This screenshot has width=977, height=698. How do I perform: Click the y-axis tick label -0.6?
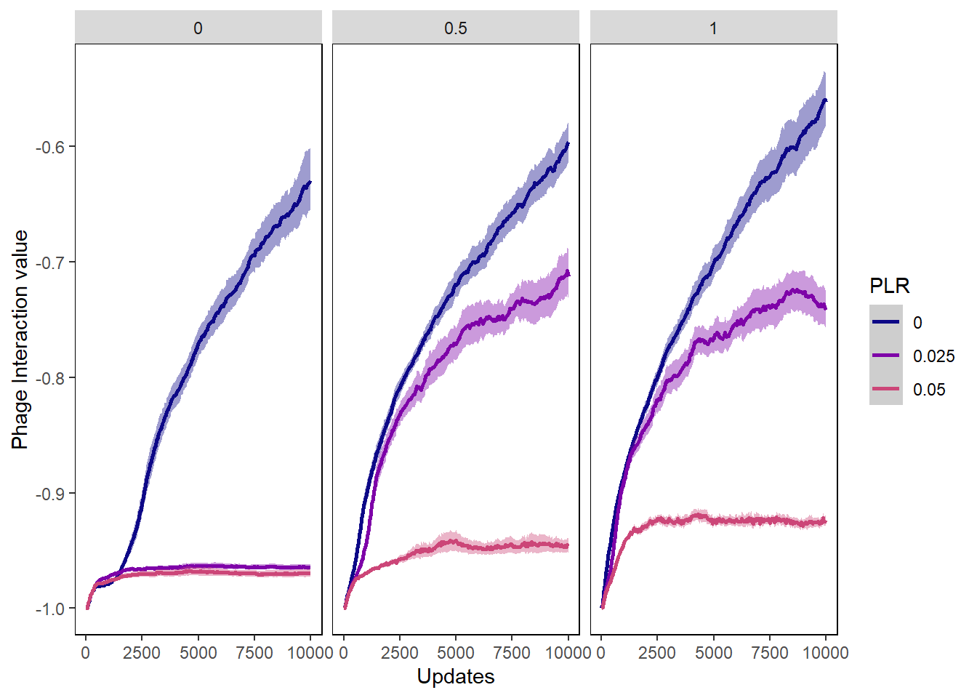[50, 147]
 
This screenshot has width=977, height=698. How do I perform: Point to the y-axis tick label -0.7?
[50, 262]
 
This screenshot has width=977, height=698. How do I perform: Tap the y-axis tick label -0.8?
[50, 378]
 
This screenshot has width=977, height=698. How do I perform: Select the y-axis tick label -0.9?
[50, 494]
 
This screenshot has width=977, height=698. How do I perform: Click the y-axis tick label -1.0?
[50, 609]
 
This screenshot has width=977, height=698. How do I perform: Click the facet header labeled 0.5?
[456, 28]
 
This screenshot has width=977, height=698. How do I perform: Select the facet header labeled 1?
[713, 28]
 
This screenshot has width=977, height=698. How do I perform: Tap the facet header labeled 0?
[198, 28]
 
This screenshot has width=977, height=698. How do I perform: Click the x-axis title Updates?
[456, 676]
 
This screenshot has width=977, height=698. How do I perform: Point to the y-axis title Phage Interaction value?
[20, 340]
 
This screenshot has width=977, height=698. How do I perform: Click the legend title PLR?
[889, 286]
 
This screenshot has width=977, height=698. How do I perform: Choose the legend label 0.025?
[933, 356]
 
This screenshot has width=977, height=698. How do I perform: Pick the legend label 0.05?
[929, 390]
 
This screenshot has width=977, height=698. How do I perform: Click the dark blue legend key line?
[885, 322]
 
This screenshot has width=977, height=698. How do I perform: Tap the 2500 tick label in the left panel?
[142, 653]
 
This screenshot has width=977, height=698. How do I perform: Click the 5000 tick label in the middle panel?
[456, 653]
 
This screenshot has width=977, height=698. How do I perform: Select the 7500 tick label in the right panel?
[770, 653]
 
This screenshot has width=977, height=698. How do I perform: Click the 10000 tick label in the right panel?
[825, 653]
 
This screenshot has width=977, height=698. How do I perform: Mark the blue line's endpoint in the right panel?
[826, 100]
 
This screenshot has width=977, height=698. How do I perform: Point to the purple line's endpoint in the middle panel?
[568, 274]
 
